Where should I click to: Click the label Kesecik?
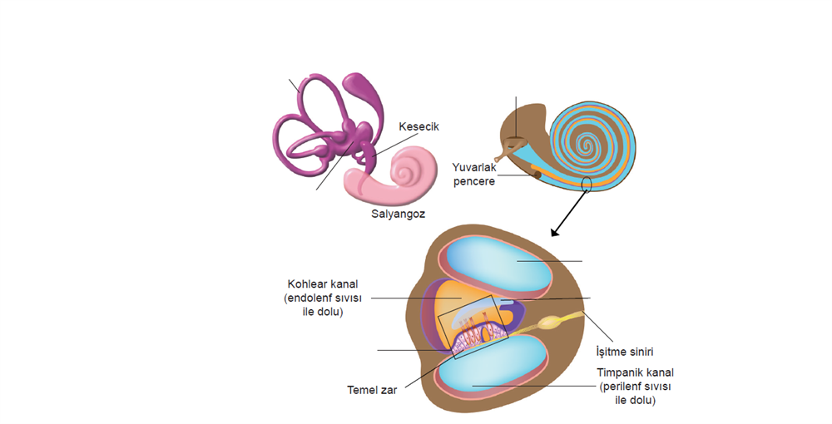(418, 126)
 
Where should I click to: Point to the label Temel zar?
(372, 389)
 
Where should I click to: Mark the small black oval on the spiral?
(587, 183)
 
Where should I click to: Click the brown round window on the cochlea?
(537, 174)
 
